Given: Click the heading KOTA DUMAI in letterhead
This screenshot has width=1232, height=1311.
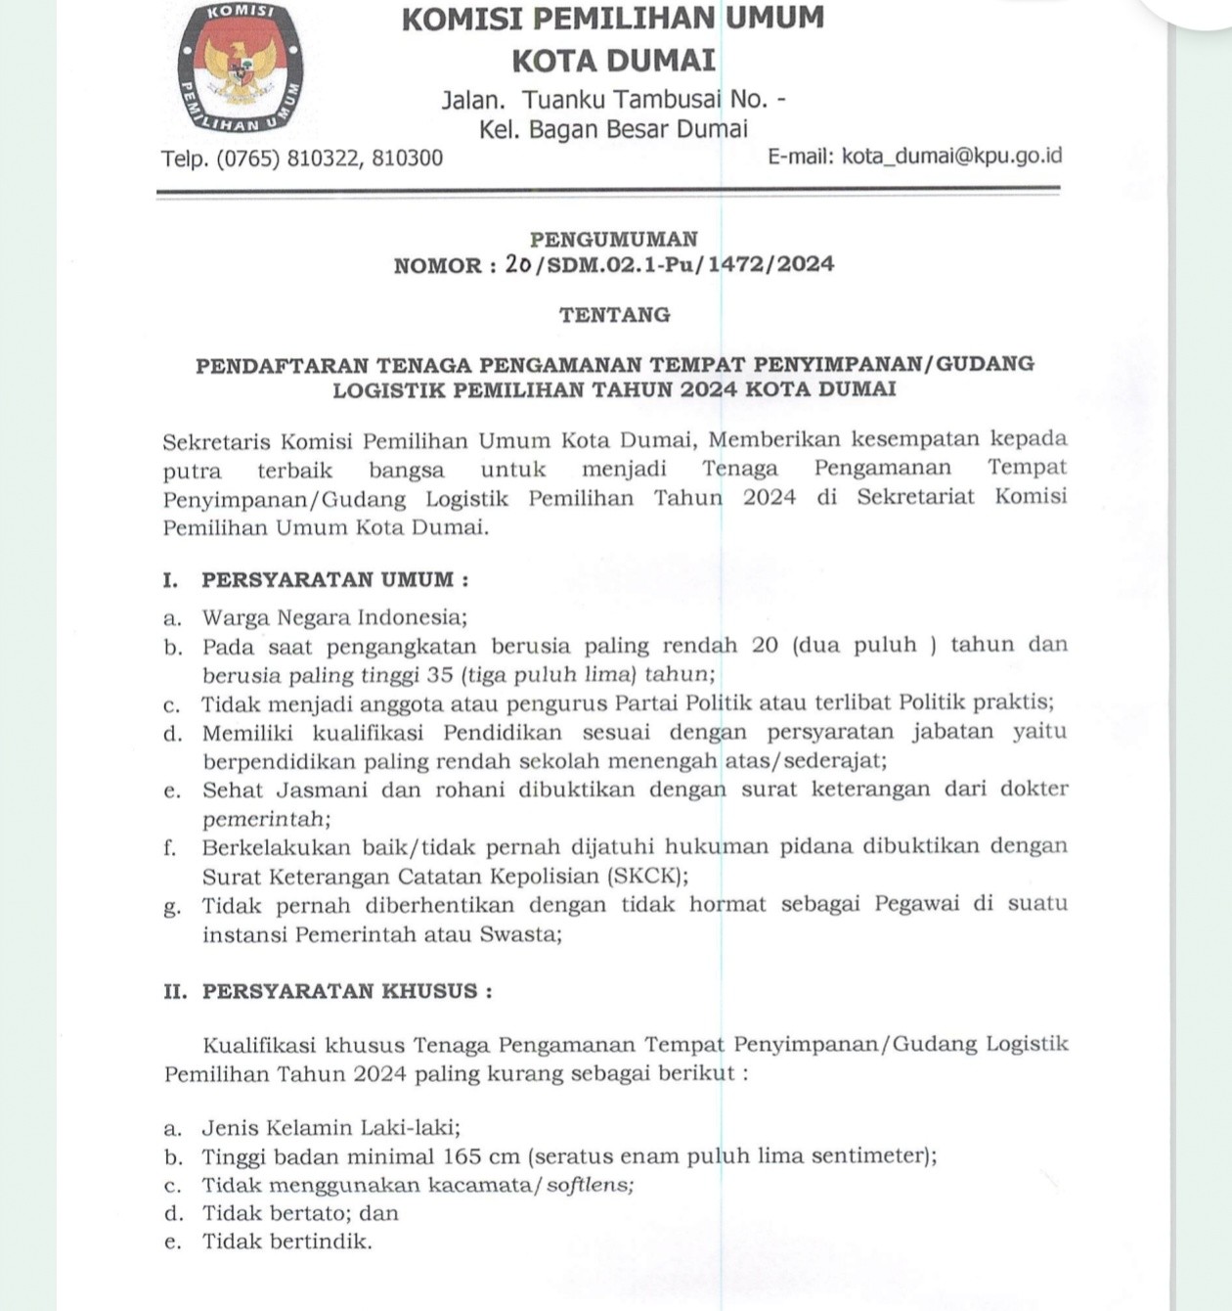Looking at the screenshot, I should point(613,61).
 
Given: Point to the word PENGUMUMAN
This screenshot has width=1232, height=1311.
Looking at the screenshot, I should point(613,239).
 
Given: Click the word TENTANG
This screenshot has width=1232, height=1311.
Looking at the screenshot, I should point(614,315).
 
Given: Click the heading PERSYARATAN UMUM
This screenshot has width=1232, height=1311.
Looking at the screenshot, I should point(328,579).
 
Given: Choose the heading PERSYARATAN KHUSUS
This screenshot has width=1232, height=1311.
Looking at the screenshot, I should point(339,991).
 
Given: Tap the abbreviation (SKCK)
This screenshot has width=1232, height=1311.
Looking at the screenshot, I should point(645,876).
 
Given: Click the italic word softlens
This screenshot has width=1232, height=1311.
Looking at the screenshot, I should point(589,1185).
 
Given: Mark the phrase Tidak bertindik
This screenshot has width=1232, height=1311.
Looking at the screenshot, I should point(286,1242).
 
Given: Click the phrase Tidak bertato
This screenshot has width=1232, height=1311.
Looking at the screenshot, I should point(273,1213).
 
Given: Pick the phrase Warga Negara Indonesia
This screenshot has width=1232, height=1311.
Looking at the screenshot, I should point(333,617).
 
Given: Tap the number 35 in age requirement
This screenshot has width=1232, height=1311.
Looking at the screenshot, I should point(440,674).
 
